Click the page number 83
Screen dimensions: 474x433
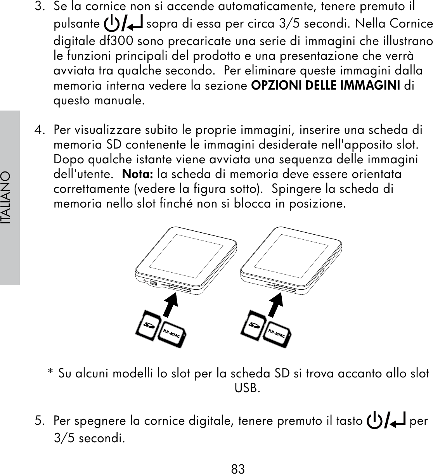(x=238, y=469)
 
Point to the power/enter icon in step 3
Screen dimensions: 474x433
(x=123, y=24)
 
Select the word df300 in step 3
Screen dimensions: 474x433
(x=116, y=40)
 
